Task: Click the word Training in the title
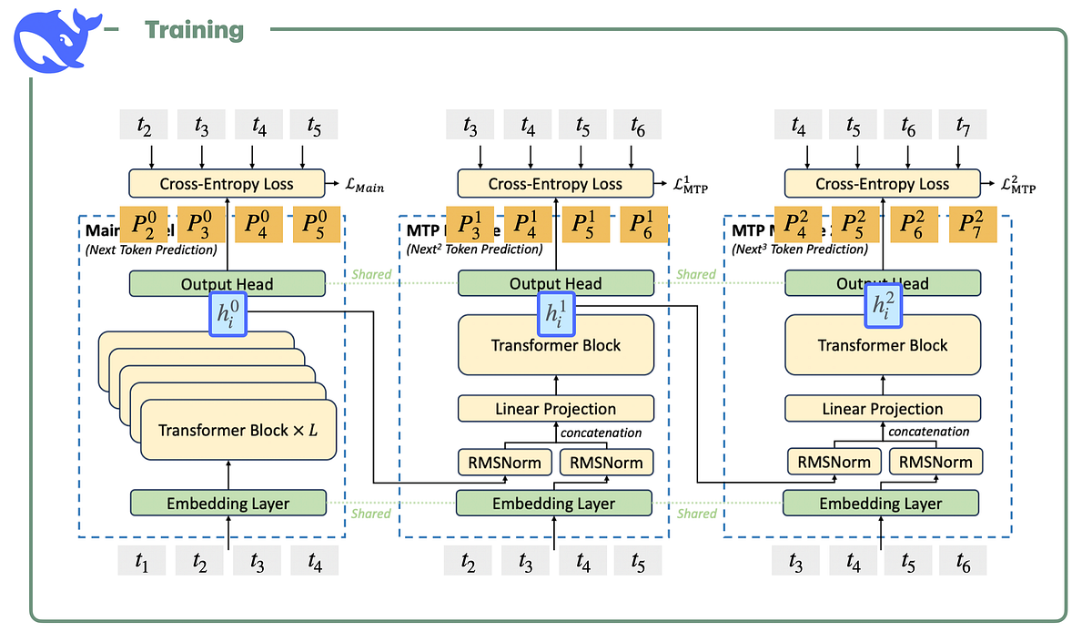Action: [x=195, y=30]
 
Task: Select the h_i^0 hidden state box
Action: [x=227, y=314]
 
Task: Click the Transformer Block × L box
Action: [x=238, y=430]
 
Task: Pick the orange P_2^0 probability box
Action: [x=144, y=224]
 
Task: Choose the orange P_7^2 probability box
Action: [x=972, y=224]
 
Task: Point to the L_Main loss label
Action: [x=359, y=187]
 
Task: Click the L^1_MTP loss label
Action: [x=690, y=185]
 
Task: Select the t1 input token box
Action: [x=140, y=562]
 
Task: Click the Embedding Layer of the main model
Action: [x=227, y=503]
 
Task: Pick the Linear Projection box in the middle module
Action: [x=555, y=409]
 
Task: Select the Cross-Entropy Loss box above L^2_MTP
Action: [x=882, y=184]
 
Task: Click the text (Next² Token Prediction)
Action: [x=474, y=250]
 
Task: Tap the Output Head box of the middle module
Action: [x=555, y=283]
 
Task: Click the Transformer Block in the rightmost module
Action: [x=882, y=345]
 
